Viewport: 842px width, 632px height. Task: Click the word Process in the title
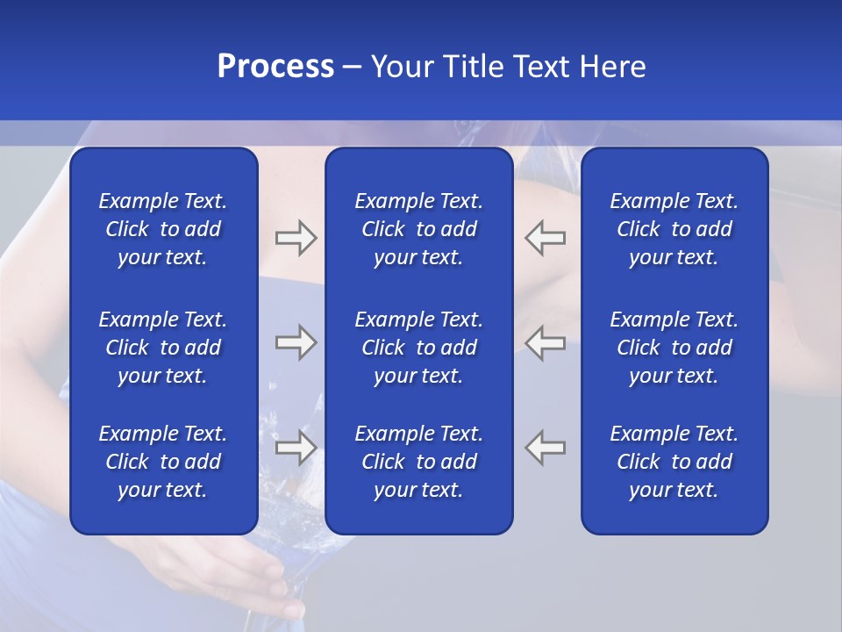(275, 67)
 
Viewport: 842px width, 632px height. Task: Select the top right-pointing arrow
(296, 238)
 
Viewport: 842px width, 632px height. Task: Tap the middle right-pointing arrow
(296, 342)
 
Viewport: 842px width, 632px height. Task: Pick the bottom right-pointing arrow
(296, 448)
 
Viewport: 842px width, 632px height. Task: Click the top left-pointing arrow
(546, 238)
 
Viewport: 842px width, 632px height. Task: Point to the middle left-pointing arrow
(546, 342)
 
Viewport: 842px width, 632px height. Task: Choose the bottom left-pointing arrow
(546, 448)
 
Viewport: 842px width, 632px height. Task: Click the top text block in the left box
(163, 229)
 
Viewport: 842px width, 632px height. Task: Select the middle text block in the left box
(163, 348)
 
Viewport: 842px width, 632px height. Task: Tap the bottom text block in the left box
(163, 462)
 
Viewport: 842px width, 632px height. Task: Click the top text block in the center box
(418, 229)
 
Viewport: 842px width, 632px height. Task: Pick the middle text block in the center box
(418, 348)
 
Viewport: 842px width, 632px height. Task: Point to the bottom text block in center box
(418, 462)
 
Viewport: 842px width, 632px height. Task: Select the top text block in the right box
(674, 229)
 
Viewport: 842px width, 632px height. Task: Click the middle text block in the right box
(674, 348)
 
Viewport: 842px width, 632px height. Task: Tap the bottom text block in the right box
(674, 462)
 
